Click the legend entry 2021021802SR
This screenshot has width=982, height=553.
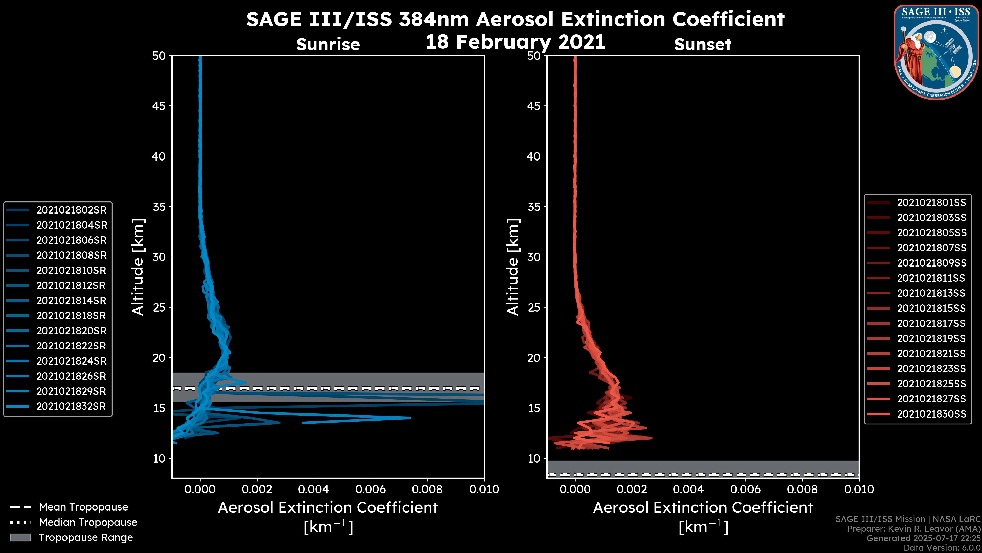pyautogui.click(x=71, y=210)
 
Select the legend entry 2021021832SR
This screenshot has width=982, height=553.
pyautogui.click(x=71, y=407)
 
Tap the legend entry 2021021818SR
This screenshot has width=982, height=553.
pyautogui.click(x=71, y=316)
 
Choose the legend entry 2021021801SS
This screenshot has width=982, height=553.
pyautogui.click(x=931, y=203)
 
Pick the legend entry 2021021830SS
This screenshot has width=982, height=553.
pyautogui.click(x=931, y=414)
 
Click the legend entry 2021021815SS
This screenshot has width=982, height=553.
pyautogui.click(x=931, y=308)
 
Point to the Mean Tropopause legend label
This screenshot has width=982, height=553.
pyautogui.click(x=83, y=507)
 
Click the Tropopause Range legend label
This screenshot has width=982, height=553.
pyautogui.click(x=86, y=537)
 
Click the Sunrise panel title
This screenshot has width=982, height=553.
pyautogui.click(x=328, y=45)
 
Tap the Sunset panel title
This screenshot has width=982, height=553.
pyautogui.click(x=702, y=45)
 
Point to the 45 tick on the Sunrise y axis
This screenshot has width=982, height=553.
pyautogui.click(x=159, y=106)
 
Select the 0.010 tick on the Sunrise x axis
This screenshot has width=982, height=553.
pyautogui.click(x=484, y=489)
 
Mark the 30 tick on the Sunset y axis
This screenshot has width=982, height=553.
pyautogui.click(x=534, y=257)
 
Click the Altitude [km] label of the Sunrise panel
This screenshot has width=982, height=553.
pyautogui.click(x=138, y=267)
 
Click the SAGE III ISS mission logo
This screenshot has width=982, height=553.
pyautogui.click(x=936, y=52)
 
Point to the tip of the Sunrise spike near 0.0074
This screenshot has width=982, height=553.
pyautogui.click(x=410, y=418)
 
